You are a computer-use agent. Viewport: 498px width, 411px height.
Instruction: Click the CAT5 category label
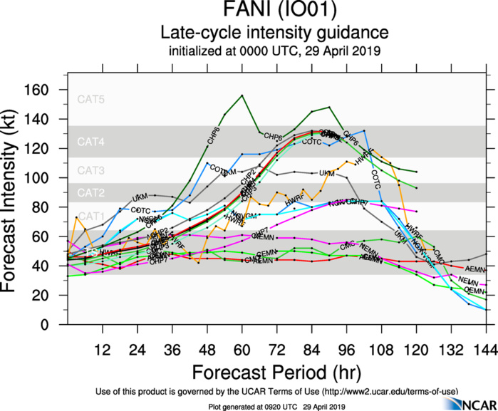point(90,100)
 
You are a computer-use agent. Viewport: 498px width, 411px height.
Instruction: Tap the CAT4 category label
point(90,142)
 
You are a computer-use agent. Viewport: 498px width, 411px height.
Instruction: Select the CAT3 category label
point(90,170)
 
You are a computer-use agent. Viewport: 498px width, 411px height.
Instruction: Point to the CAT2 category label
point(90,192)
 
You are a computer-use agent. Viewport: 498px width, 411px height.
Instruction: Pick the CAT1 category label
point(90,216)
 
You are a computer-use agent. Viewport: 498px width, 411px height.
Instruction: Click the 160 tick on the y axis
point(45,90)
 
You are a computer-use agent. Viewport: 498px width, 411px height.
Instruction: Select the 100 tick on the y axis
point(45,177)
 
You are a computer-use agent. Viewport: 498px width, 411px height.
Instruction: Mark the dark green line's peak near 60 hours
point(242,95)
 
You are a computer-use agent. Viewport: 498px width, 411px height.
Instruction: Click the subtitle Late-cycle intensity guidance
point(274,33)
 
